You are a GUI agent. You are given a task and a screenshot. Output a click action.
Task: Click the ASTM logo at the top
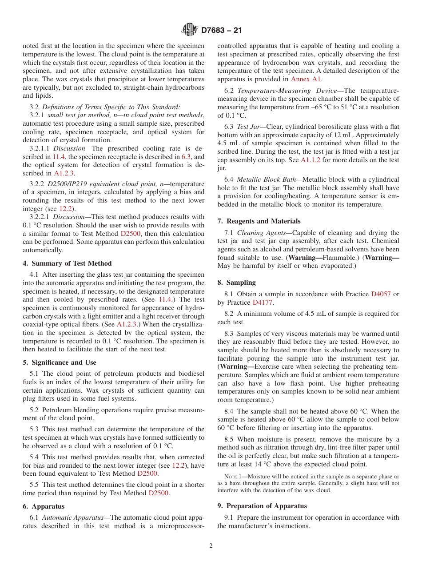189,30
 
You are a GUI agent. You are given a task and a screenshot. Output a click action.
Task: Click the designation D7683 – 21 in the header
221,31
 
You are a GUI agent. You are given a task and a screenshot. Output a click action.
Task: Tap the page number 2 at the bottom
211,546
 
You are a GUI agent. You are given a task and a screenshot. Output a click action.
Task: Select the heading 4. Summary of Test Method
67,263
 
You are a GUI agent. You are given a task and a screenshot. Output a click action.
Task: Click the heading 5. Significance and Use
59,362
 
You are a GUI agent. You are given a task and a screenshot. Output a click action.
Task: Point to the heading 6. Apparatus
44,506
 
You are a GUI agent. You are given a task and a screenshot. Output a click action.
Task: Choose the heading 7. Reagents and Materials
259,221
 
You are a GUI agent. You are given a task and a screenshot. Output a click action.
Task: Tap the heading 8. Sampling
236,282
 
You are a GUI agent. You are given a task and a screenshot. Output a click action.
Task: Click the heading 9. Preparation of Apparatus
262,506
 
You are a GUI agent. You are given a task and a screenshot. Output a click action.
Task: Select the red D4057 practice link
381,294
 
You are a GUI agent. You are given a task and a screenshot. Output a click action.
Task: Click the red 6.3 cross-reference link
187,157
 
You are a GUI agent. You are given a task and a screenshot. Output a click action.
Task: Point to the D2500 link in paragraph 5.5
159,493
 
